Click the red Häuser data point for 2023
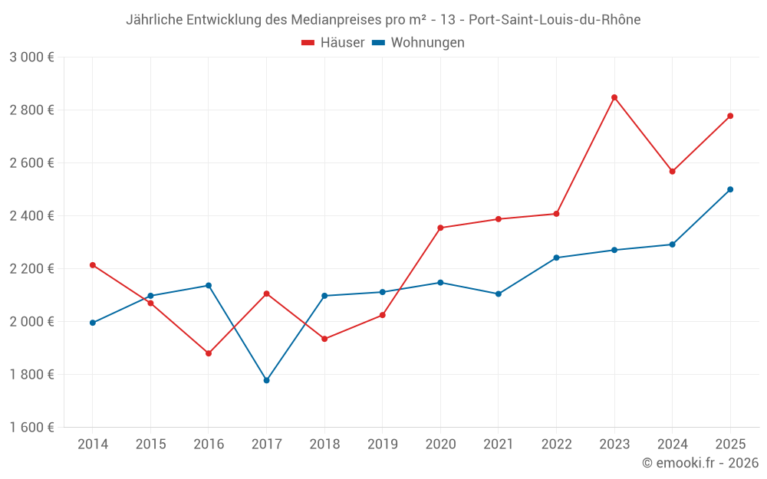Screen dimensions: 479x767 tap(614, 97)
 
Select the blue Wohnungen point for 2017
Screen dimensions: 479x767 tap(267, 380)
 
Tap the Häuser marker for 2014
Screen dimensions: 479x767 tap(93, 265)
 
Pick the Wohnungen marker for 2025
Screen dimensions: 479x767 tap(730, 189)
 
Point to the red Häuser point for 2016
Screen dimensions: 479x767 tap(209, 353)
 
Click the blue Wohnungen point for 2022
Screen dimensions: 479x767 tap(557, 258)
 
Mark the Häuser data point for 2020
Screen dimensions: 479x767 tap(440, 228)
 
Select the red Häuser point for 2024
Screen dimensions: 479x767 tap(673, 172)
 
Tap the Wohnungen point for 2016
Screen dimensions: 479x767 tap(209, 285)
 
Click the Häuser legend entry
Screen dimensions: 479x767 tap(333, 43)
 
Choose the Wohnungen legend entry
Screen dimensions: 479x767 tap(419, 43)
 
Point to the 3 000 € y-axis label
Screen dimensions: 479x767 tap(32, 57)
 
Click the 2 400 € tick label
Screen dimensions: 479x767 tap(32, 216)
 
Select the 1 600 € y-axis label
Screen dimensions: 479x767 tap(32, 428)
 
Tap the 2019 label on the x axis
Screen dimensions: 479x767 tap(383, 444)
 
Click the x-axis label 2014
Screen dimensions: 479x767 tap(93, 444)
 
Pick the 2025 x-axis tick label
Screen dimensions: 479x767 tap(730, 444)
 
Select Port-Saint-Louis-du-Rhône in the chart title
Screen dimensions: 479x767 tap(555, 20)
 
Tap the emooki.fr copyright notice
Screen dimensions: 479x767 tap(700, 463)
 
